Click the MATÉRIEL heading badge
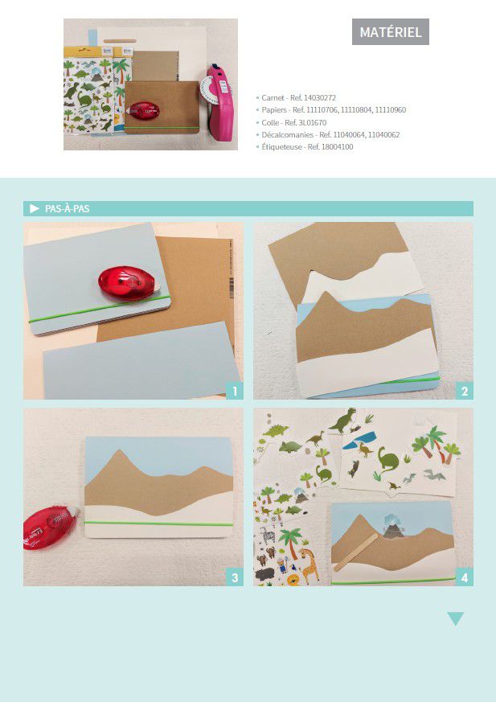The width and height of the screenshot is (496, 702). click(x=391, y=32)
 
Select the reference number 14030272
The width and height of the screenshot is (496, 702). click(x=319, y=97)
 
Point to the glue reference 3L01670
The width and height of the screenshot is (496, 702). click(x=312, y=122)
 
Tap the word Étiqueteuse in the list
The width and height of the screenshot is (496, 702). click(x=281, y=147)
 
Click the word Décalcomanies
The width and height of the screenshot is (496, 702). click(x=288, y=135)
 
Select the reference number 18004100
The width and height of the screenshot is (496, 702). click(x=337, y=147)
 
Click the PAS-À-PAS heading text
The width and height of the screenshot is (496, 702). click(x=68, y=208)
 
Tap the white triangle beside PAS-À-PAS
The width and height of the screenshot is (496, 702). click(x=35, y=208)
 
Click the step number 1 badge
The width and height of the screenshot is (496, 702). click(x=235, y=392)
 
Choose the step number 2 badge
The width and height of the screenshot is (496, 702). click(x=464, y=392)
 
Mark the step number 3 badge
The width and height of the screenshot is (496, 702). click(x=235, y=577)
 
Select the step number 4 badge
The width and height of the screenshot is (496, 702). click(x=464, y=577)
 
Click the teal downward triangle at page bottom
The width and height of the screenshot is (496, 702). click(x=455, y=618)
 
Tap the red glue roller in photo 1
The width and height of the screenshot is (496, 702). click(x=128, y=283)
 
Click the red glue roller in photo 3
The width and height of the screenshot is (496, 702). click(x=50, y=528)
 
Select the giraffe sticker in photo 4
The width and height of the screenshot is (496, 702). click(x=309, y=565)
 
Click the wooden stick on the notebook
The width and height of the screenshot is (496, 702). click(x=356, y=552)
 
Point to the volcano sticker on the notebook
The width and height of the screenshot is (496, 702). click(x=393, y=526)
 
